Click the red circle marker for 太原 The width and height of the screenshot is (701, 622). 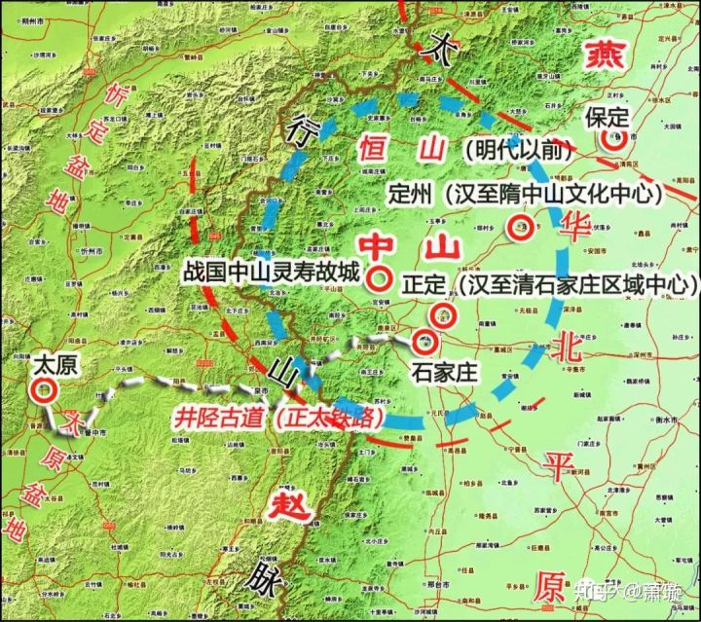tap(42, 390)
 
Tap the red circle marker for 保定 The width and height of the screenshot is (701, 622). tap(613, 139)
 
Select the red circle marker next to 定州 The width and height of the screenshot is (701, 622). tap(520, 229)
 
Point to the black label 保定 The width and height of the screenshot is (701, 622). tap(608, 117)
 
